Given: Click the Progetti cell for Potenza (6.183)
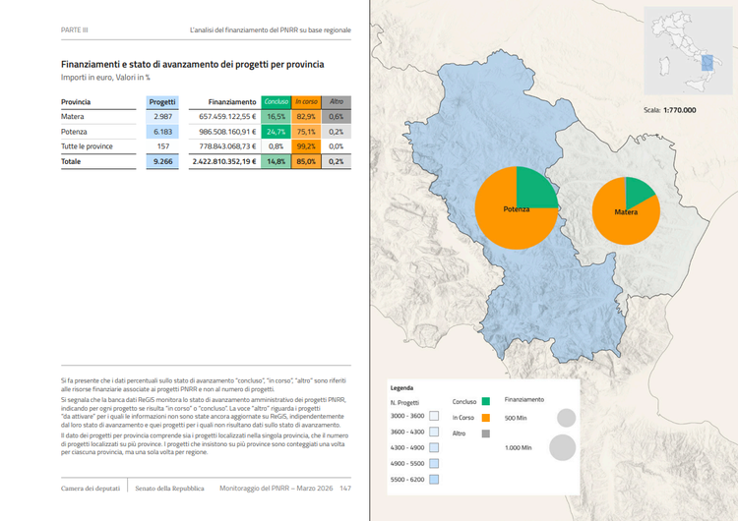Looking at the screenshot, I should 161,131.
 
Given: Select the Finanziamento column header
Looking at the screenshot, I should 232,101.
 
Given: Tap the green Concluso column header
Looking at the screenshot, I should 276,101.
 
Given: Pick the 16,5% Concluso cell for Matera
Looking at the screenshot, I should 276,116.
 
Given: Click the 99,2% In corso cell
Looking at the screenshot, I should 306,145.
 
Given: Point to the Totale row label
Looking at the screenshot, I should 71,160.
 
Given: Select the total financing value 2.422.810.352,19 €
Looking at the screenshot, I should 223,160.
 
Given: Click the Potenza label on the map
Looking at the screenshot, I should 516,209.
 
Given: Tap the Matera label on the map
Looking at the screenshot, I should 626,211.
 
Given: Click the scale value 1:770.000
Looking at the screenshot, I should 679,110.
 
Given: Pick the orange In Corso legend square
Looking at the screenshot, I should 486,418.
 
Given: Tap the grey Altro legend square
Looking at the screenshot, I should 486,434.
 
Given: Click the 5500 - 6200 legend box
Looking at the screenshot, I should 434,479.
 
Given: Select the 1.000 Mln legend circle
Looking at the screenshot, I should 562,448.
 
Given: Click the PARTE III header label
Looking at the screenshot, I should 75,30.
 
